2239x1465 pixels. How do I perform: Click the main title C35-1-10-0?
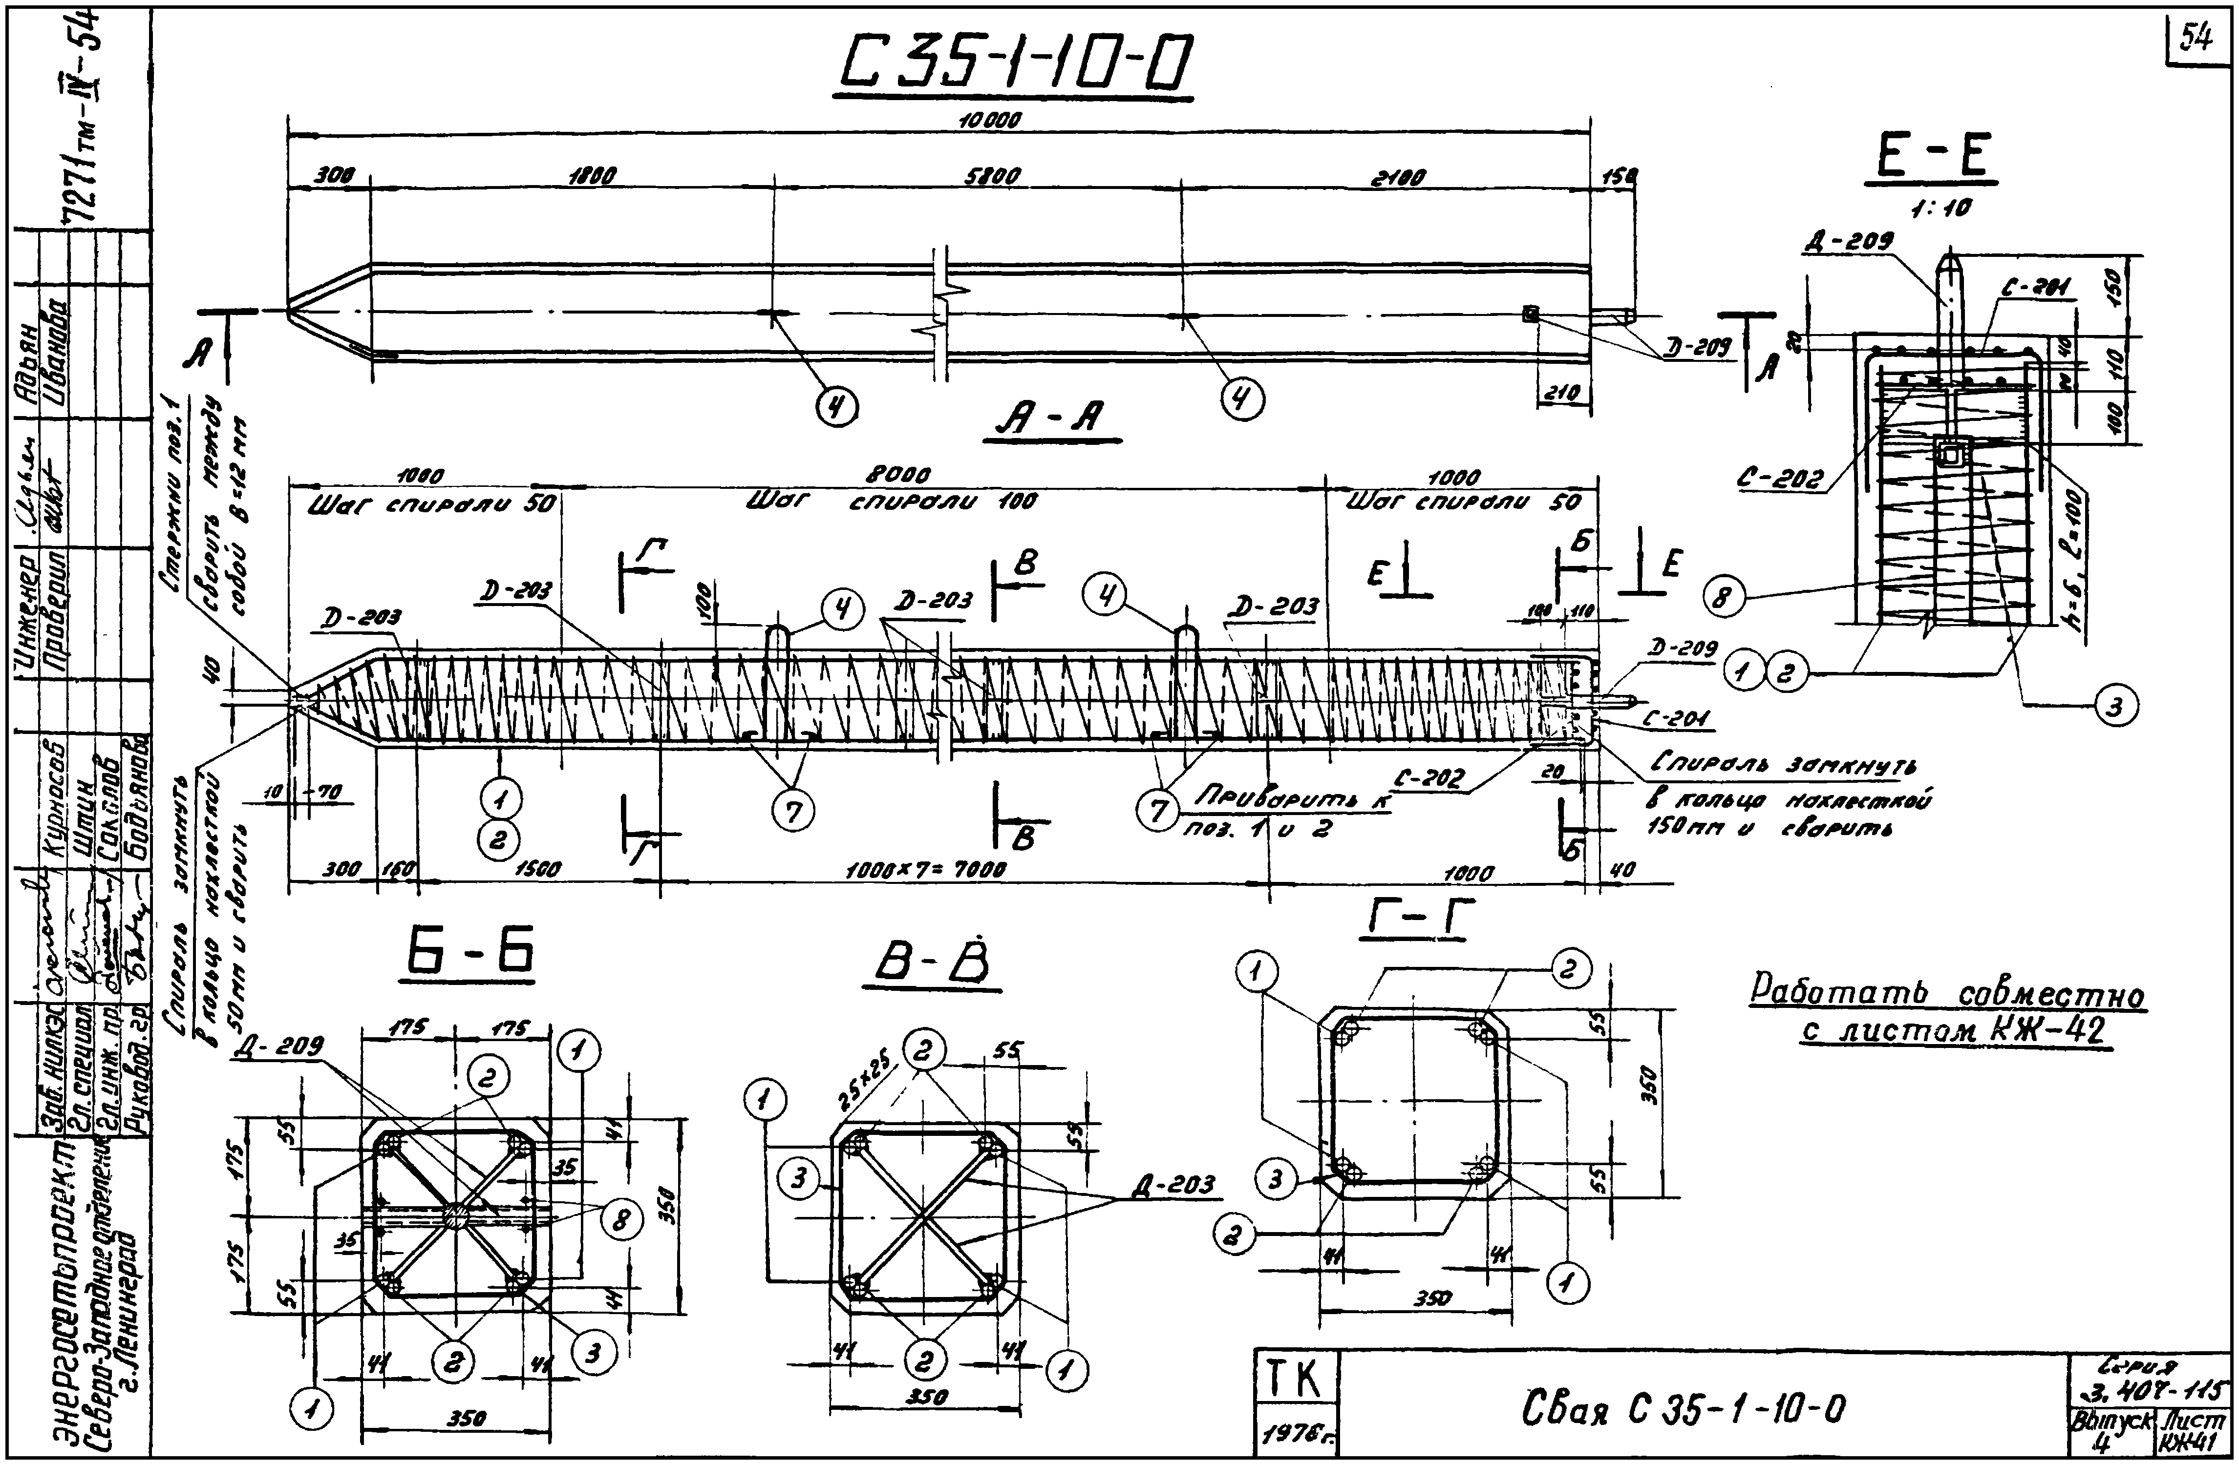coord(1014,64)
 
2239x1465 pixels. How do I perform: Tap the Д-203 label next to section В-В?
coord(1172,1187)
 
